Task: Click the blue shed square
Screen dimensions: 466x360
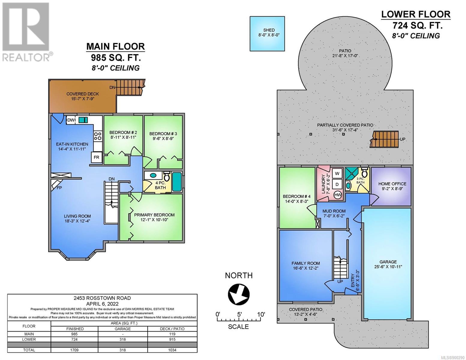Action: (267, 34)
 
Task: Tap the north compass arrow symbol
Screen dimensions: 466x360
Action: (239, 293)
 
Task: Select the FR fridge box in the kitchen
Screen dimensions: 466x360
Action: (96, 157)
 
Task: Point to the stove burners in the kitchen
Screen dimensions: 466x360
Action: (98, 136)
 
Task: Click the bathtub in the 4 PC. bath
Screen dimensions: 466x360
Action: (177, 181)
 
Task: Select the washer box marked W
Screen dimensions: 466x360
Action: (337, 173)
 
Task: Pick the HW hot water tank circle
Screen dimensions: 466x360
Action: (338, 195)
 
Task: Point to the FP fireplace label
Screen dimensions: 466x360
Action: (59, 188)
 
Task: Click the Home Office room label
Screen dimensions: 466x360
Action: (392, 184)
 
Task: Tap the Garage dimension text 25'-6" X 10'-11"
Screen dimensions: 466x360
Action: (388, 267)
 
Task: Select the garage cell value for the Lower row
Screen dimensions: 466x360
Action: (123, 339)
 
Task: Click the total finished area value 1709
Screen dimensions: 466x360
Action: (74, 350)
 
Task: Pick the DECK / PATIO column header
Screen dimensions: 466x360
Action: (172, 329)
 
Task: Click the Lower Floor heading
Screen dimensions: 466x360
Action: (416, 14)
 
